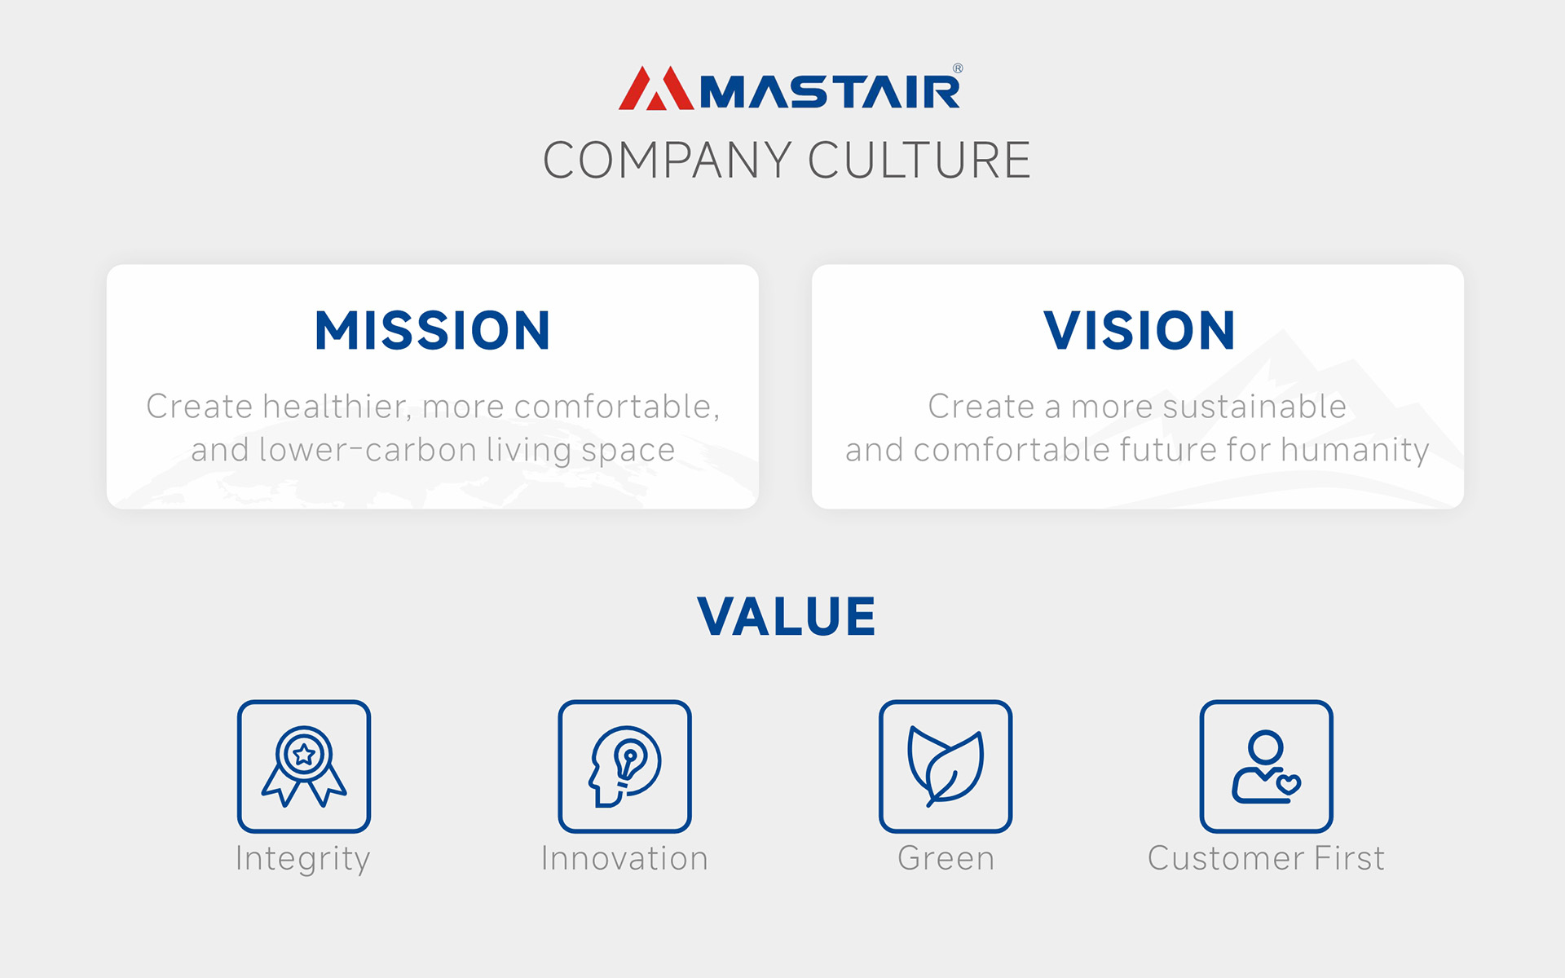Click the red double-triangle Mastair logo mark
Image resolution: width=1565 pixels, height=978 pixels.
pyautogui.click(x=656, y=88)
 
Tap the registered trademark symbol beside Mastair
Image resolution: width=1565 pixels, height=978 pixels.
pyautogui.click(x=958, y=68)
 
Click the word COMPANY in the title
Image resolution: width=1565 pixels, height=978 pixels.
pyautogui.click(x=668, y=160)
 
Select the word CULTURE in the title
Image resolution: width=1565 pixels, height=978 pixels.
pyautogui.click(x=919, y=160)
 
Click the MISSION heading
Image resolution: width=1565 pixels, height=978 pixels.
pyautogui.click(x=433, y=331)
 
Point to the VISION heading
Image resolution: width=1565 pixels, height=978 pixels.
pyautogui.click(x=1139, y=331)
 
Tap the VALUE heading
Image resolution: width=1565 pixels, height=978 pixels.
pyautogui.click(x=787, y=616)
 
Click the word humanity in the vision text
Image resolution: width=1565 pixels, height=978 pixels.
pyautogui.click(x=1355, y=450)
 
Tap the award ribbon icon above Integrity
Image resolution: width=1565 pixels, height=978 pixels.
pyautogui.click(x=304, y=766)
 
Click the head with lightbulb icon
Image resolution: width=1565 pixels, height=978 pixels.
pyautogui.click(x=625, y=766)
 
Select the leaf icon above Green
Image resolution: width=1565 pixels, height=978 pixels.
pyautogui.click(x=946, y=766)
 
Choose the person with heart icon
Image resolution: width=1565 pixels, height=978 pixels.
pyautogui.click(x=1266, y=766)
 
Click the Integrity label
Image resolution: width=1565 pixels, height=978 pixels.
pyautogui.click(x=303, y=859)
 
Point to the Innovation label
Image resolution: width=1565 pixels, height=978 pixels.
pyautogui.click(x=625, y=858)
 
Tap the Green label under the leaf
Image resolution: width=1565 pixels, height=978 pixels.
pyautogui.click(x=946, y=858)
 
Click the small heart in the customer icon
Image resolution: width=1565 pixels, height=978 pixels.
pyautogui.click(x=1289, y=784)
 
